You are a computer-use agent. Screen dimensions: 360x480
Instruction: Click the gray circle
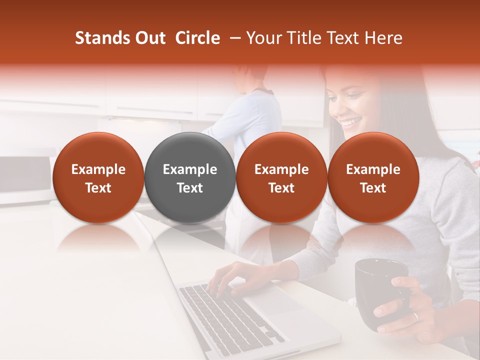point(190,177)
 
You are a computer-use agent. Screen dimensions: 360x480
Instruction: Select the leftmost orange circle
point(98,177)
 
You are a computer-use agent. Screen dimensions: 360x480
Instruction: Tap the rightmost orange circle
point(373,177)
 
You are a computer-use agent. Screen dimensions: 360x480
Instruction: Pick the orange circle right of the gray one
point(281,177)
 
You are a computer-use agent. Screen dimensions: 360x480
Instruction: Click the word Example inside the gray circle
point(190,169)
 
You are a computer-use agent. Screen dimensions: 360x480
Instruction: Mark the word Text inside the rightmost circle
point(373,188)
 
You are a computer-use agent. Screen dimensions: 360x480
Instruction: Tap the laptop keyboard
point(225,315)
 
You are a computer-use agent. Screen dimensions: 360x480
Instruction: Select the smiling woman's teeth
point(351,121)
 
